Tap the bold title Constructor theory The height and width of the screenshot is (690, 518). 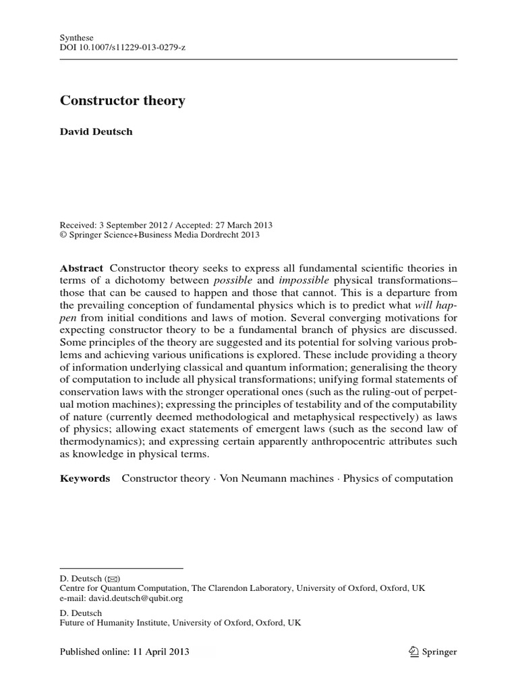122,101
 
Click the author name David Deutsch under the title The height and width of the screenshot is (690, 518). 96,131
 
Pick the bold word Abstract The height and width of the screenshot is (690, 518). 82,268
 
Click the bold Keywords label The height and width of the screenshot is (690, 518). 85,478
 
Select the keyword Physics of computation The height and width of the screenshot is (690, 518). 398,478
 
